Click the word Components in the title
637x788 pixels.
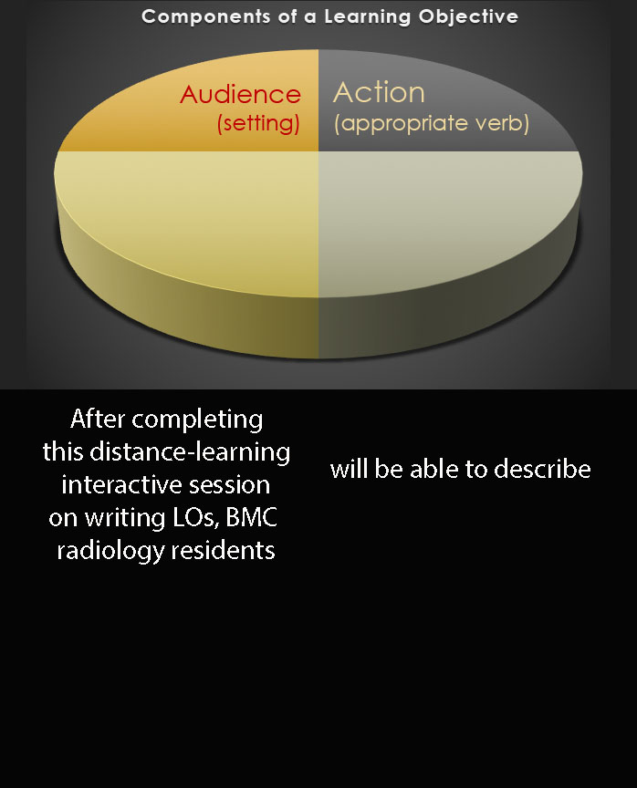(205, 17)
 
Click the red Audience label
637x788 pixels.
(240, 95)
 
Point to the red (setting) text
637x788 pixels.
(258, 123)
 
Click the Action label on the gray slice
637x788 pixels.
(379, 92)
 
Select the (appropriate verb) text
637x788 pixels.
(432, 123)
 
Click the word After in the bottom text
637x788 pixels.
(98, 419)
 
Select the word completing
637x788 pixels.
(197, 420)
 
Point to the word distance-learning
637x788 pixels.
(190, 452)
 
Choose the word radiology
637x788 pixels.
(110, 551)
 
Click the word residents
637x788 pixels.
(223, 550)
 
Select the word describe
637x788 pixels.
(542, 469)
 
